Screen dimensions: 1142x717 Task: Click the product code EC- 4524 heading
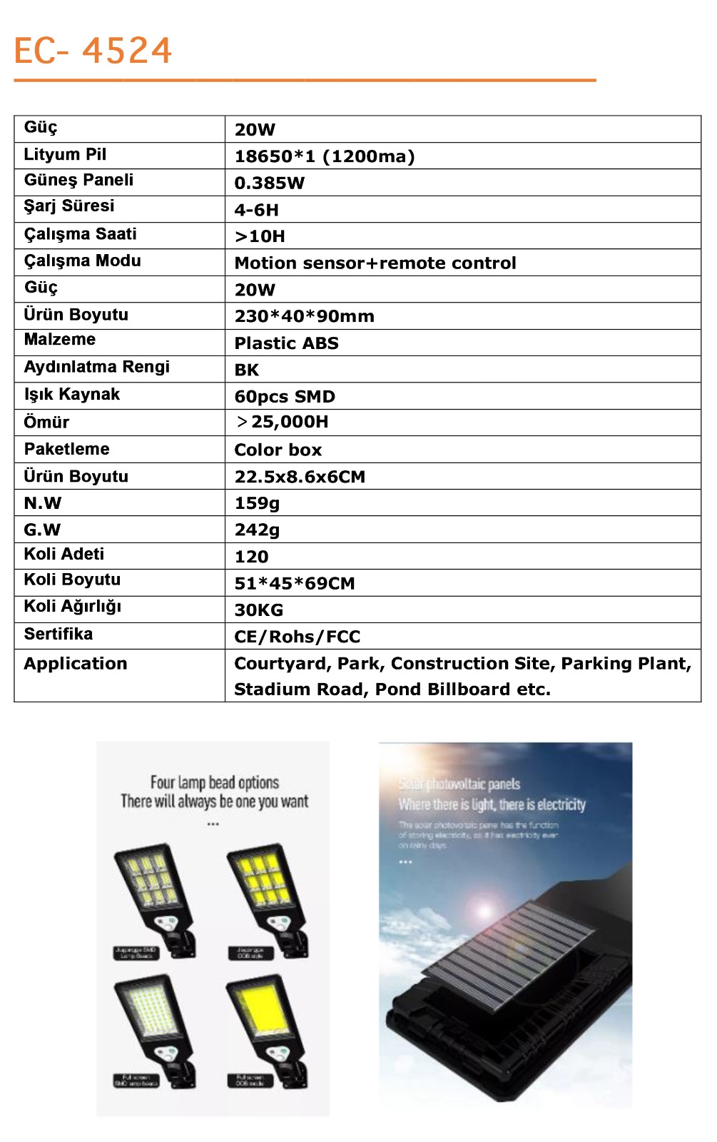pos(93,51)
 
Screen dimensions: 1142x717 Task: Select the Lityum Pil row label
pos(65,155)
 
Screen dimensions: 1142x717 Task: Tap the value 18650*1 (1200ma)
pos(325,156)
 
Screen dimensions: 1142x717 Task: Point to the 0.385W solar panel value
pos(270,183)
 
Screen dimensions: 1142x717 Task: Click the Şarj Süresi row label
pos(69,206)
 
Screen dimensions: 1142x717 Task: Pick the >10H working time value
pos(260,236)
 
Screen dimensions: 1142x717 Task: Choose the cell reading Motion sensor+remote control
pos(375,263)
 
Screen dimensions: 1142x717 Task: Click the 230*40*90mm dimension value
pos(305,316)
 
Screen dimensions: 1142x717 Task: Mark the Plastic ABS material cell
pos(287,343)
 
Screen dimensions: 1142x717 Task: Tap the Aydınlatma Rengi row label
pos(97,367)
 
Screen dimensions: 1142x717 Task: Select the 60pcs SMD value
pos(285,397)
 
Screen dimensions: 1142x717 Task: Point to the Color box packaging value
pos(278,450)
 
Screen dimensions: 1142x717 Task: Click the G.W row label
pos(42,530)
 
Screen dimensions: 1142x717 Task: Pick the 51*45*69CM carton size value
pos(295,584)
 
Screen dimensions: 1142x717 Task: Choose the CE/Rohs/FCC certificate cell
pos(298,637)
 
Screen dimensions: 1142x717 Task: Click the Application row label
pos(76,664)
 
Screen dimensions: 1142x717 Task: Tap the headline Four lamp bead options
pos(214,783)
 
